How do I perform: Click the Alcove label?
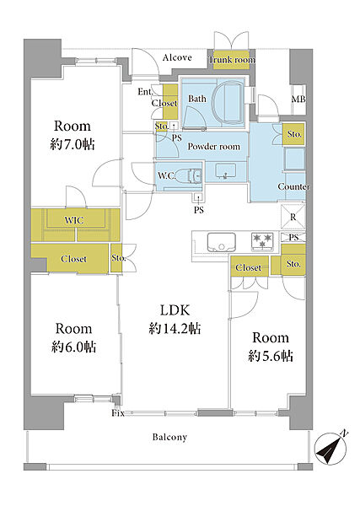point(177,57)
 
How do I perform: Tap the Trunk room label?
point(232,60)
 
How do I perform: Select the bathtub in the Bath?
point(229,102)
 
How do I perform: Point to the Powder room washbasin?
point(225,170)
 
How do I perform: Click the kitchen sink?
point(221,242)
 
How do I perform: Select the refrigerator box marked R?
point(293,217)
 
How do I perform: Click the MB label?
point(298,99)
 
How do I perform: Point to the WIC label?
point(74,220)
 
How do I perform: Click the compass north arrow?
point(330,449)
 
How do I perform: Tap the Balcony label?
point(169,437)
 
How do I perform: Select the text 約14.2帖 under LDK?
point(175,329)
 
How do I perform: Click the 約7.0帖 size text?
point(73,144)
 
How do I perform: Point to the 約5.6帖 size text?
point(271,356)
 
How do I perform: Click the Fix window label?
point(118,413)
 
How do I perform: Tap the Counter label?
point(293,186)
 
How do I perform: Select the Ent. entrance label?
point(145,92)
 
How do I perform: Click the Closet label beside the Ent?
point(164,103)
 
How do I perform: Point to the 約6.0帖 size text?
point(73,347)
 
